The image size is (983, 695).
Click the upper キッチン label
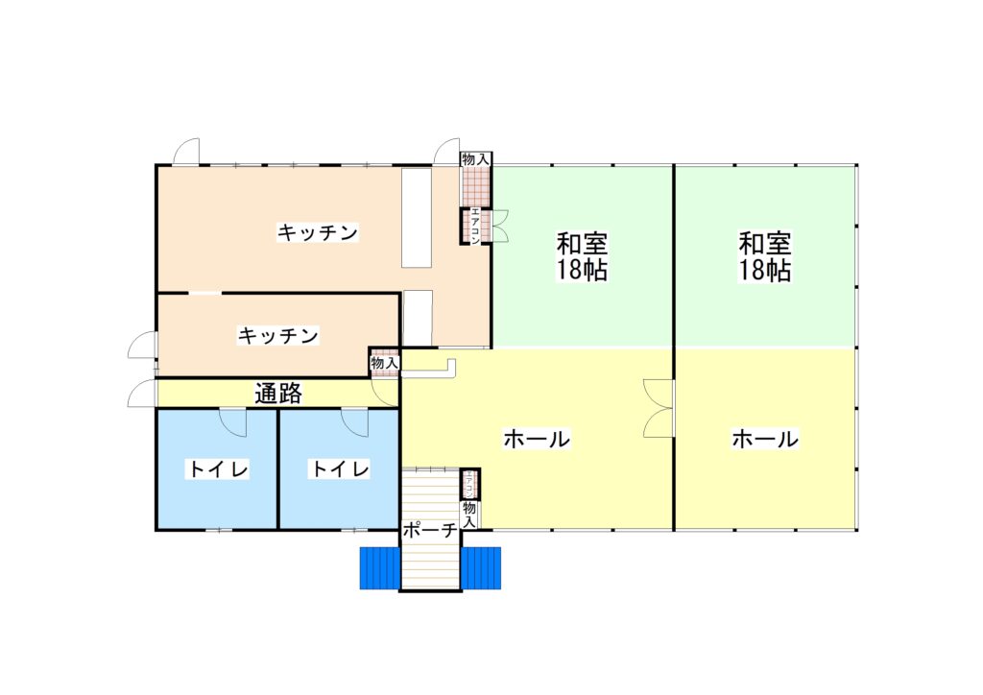(317, 233)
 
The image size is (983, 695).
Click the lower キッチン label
(277, 335)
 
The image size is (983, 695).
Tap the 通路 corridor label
(278, 393)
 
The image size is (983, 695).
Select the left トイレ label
(219, 468)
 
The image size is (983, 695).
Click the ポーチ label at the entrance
(430, 531)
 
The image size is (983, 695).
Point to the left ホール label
(537, 439)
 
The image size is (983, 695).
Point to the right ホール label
(765, 439)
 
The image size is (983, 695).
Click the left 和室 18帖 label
(582, 256)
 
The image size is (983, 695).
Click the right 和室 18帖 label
(764, 256)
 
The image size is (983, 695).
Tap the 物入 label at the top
(475, 159)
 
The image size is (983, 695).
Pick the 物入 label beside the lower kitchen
(384, 363)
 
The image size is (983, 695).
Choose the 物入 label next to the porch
(469, 514)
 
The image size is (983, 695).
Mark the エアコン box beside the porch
(470, 483)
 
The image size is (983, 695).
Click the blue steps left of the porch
(380, 567)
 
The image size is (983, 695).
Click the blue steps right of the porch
(481, 567)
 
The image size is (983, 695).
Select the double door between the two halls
(659, 408)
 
